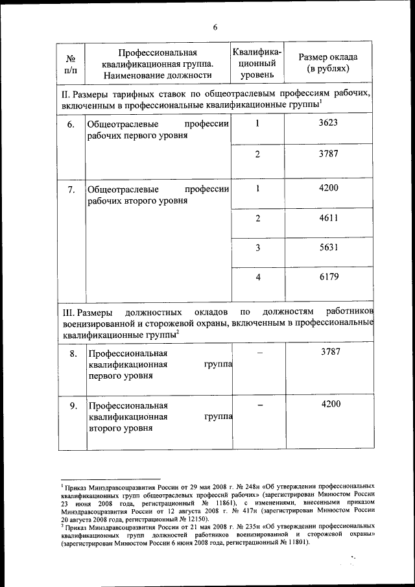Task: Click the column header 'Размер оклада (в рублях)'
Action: pyautogui.click(x=328, y=62)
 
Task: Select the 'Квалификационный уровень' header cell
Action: pyautogui.click(x=257, y=62)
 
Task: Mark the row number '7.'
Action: pyautogui.click(x=72, y=189)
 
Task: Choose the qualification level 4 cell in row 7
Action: pyautogui.click(x=257, y=278)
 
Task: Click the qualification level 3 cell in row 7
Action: pyautogui.click(x=257, y=248)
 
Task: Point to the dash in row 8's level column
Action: pyautogui.click(x=259, y=353)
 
